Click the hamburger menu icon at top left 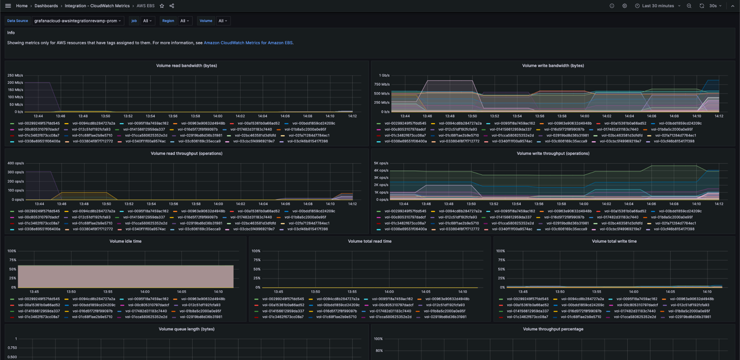coord(8,6)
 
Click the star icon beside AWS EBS coord(162,6)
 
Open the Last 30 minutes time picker coord(658,6)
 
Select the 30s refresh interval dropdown coord(715,6)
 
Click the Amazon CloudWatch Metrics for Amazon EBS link coord(248,43)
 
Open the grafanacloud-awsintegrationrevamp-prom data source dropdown coord(78,21)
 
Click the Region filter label coord(168,21)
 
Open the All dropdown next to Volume coord(223,21)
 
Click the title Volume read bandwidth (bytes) coord(187,65)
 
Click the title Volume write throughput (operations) coord(553,154)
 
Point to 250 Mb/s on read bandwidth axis coord(15,75)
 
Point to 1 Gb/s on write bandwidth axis coord(384,75)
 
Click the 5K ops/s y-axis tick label coord(381,163)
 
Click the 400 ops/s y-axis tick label coord(15,163)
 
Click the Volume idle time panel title coord(125,241)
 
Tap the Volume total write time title coord(614,241)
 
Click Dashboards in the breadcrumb coord(46,6)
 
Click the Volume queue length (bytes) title coord(187,329)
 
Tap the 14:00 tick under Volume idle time coord(145,292)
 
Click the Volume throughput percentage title coord(553,329)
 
